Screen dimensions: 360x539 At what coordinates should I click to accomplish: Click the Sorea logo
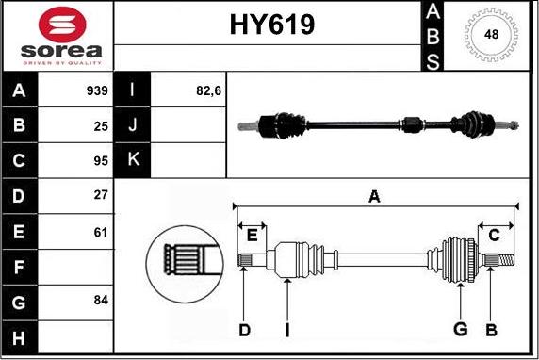click(x=57, y=35)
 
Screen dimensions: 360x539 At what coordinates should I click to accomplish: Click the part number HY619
click(x=270, y=26)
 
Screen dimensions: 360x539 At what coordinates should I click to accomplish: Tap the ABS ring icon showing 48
click(x=491, y=35)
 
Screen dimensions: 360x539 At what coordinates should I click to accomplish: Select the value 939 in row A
click(x=98, y=91)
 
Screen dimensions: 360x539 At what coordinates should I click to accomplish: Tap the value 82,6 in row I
click(x=207, y=91)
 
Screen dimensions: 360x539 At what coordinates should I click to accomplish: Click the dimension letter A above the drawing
click(x=374, y=197)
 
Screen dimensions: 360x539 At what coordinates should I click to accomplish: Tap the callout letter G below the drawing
click(x=460, y=330)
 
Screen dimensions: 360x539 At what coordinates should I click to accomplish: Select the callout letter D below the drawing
click(x=243, y=330)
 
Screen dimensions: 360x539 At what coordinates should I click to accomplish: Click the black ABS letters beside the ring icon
click(x=433, y=36)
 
